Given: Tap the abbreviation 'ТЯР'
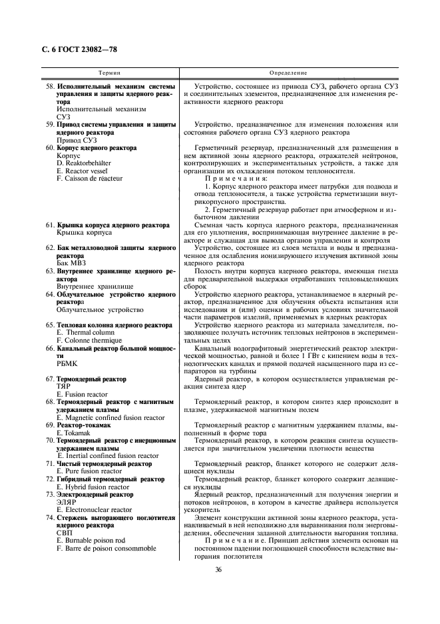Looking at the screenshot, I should point(64,386).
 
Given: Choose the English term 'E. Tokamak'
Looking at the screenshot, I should point(75,433).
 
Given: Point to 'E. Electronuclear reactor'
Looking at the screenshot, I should point(96,510).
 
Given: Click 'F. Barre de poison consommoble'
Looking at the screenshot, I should point(107,549).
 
